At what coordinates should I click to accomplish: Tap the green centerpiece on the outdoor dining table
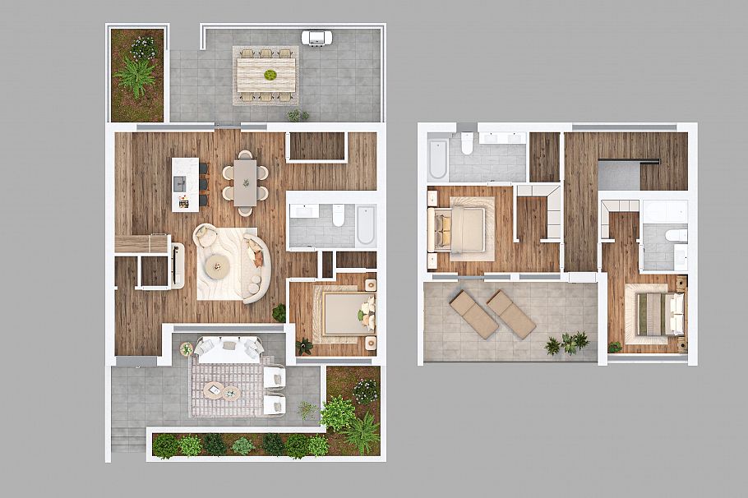(x=270, y=76)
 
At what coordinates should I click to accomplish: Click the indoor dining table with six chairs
(x=245, y=182)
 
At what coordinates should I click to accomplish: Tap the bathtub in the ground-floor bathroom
(x=366, y=224)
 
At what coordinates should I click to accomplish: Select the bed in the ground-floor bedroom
(x=344, y=314)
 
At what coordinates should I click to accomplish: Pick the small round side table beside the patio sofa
(x=187, y=349)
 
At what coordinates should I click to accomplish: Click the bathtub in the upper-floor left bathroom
(x=437, y=159)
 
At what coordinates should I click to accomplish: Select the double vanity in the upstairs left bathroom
(x=501, y=138)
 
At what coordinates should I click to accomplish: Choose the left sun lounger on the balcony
(x=473, y=315)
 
